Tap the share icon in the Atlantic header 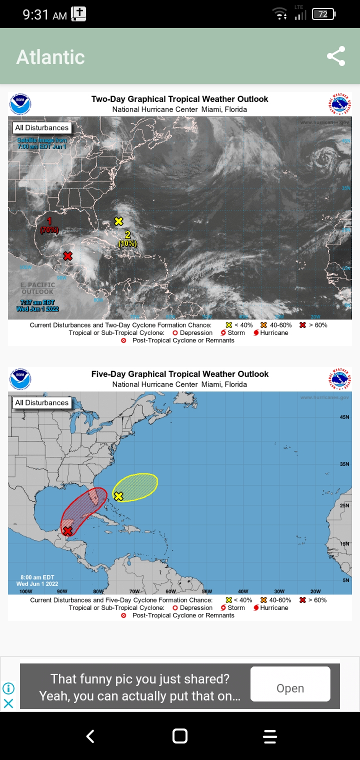[x=336, y=56]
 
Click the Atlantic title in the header [x=50, y=57]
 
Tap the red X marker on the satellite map [x=67, y=256]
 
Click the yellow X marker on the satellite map [x=118, y=221]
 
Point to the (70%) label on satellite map [x=49, y=230]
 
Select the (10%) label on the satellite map [x=127, y=243]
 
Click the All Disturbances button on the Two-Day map [x=41, y=127]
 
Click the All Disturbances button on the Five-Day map [x=41, y=402]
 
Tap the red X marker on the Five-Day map [x=67, y=531]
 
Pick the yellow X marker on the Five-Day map [x=118, y=496]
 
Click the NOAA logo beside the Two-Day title [x=20, y=104]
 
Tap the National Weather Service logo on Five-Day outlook [x=340, y=379]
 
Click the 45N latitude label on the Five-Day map [x=344, y=416]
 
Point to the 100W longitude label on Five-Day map [x=26, y=591]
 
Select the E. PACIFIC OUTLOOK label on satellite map [x=37, y=288]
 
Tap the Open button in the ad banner [x=290, y=688]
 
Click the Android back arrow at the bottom [x=90, y=736]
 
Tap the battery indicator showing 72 [x=323, y=14]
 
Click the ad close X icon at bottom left [x=8, y=703]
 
